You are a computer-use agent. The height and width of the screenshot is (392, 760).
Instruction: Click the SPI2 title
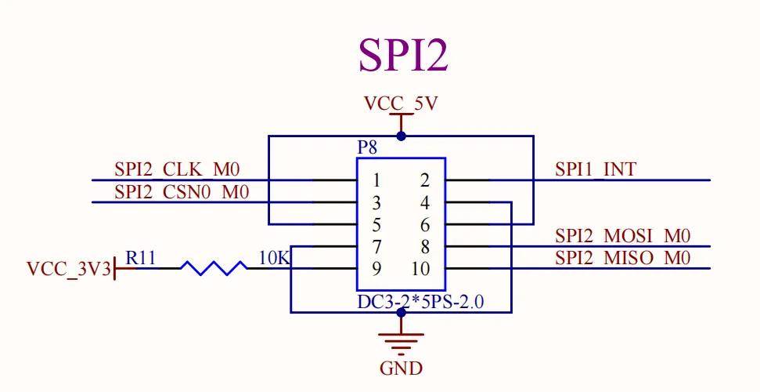(x=403, y=55)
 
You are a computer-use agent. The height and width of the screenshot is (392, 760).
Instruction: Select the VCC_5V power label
(x=401, y=103)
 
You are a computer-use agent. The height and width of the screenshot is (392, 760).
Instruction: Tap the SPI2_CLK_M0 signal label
(x=177, y=169)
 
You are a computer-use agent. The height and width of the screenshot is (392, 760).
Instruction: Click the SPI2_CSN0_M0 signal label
(x=182, y=191)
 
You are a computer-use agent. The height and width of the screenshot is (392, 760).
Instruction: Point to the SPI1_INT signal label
(x=596, y=169)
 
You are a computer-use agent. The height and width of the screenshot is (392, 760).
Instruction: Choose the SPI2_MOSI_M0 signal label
(x=623, y=235)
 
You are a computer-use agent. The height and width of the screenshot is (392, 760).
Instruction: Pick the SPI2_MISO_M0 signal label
(x=623, y=257)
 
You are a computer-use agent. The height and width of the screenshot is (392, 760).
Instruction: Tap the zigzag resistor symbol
(x=214, y=268)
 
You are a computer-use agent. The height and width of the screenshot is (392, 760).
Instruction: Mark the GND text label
(x=401, y=368)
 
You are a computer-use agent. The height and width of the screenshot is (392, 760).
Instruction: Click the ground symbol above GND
(x=401, y=339)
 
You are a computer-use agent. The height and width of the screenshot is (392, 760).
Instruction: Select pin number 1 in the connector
(x=377, y=180)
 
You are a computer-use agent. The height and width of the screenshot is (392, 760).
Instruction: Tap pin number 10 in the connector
(x=420, y=269)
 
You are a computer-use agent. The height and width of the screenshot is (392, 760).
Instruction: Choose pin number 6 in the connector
(x=425, y=225)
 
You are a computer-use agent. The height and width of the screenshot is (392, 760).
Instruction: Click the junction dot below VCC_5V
(x=401, y=136)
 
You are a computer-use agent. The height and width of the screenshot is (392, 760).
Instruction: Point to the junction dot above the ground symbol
(x=401, y=313)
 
